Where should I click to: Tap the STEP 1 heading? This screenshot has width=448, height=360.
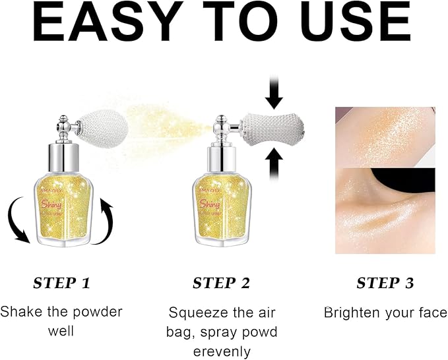tap(61, 284)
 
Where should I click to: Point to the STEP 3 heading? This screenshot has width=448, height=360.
tap(385, 284)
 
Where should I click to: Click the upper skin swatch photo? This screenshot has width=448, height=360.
tap(385, 136)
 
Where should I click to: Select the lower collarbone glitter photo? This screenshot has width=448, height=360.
tap(385, 211)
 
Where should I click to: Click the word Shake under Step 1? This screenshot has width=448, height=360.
tap(21, 311)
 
